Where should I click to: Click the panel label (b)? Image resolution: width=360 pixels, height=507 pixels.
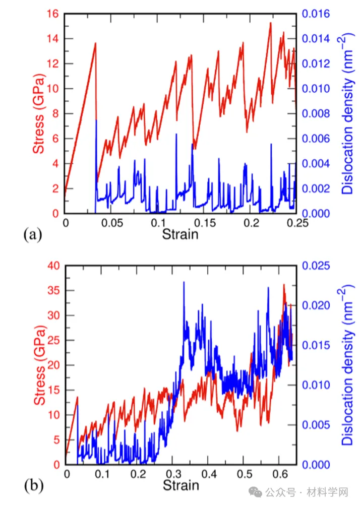coord(33,486)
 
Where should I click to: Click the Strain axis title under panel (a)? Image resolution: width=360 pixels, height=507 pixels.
coord(180,234)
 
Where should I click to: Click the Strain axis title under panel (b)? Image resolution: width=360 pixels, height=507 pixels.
coord(181,486)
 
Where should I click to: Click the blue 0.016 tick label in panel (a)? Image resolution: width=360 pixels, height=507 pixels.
coord(316,14)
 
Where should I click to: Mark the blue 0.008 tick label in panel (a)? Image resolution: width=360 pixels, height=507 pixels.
coord(316,114)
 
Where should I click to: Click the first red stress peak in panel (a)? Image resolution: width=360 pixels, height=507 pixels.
coord(95,43)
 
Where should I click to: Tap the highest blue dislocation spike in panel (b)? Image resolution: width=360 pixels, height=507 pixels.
coord(184,282)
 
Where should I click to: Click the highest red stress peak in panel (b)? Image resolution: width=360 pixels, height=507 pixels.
coord(284,285)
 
